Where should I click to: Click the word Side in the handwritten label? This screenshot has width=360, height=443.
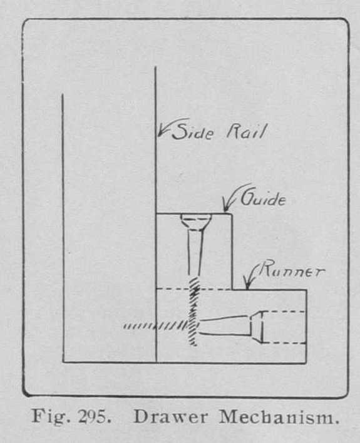(x=192, y=131)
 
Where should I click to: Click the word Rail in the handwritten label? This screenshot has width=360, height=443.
(x=246, y=132)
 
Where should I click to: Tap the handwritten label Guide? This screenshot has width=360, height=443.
(x=263, y=198)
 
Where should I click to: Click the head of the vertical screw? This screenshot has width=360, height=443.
(x=196, y=221)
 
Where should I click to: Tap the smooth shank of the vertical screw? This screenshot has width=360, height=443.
(x=195, y=253)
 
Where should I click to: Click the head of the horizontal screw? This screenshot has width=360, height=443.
(x=257, y=327)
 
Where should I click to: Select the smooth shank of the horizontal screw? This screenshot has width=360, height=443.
(x=225, y=326)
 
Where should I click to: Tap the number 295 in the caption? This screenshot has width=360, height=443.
(x=94, y=416)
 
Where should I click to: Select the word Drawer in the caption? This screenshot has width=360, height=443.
(x=170, y=417)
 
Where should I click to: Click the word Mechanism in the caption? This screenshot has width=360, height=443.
(x=279, y=417)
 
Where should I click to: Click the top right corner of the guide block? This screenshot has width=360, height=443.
(x=232, y=214)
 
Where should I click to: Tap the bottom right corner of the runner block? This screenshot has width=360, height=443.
(x=306, y=362)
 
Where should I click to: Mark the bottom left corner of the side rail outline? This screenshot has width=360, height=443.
(x=63, y=362)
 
